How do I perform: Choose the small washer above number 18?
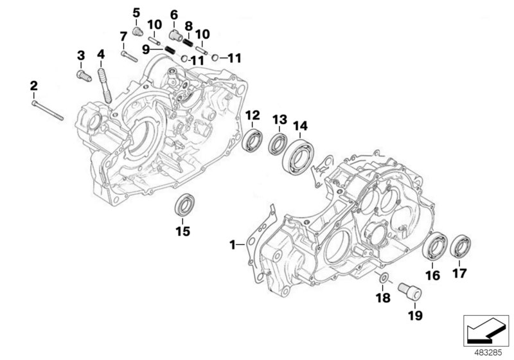click(x=383, y=278)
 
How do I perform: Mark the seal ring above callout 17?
click(x=461, y=248)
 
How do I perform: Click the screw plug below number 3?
click(x=82, y=76)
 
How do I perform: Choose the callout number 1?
click(x=233, y=244)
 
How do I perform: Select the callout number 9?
click(x=146, y=49)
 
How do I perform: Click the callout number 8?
click(x=189, y=26)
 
